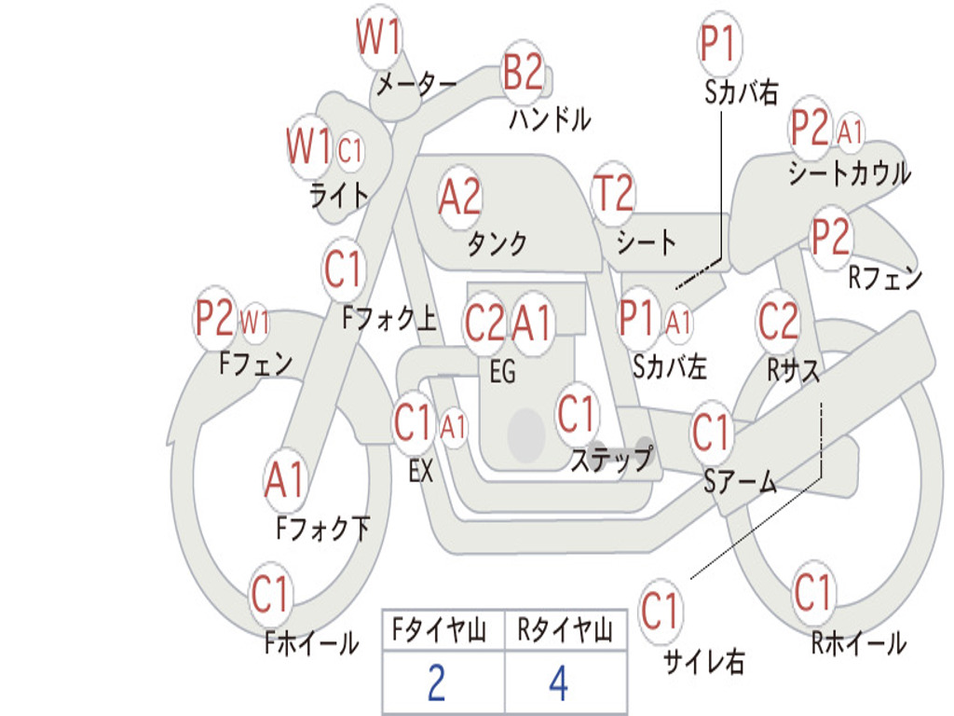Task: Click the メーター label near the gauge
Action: click(416, 86)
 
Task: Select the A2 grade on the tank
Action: click(459, 197)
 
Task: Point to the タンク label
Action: click(497, 244)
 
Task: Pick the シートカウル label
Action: click(849, 173)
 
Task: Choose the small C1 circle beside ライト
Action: click(350, 150)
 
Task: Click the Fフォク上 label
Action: click(389, 320)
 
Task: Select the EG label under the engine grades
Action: click(502, 372)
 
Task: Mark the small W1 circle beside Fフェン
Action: click(254, 323)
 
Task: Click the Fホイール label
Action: click(311, 643)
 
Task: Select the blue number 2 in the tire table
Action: click(436, 683)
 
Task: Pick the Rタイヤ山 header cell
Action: click(565, 631)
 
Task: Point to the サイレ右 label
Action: click(703, 662)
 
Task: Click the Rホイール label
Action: click(858, 643)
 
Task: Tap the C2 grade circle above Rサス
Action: click(778, 321)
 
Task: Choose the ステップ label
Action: click(612, 460)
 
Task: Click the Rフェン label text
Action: click(885, 277)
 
